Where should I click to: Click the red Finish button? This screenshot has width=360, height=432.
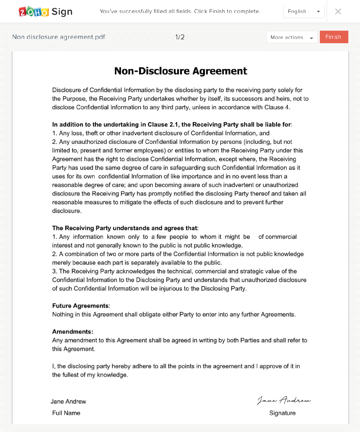click(334, 37)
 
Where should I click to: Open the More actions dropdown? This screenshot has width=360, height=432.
click(292, 37)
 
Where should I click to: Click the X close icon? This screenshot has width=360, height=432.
click(338, 12)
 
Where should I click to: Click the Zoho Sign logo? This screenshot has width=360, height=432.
click(46, 12)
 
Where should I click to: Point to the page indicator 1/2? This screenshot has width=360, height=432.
click(180, 37)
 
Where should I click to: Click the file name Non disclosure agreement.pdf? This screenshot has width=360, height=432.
click(59, 37)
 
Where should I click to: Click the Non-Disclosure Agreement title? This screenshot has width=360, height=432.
click(181, 71)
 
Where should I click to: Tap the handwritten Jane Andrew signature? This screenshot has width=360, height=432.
click(284, 400)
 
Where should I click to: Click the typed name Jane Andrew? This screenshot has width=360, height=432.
click(68, 401)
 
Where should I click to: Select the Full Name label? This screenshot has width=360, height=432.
click(66, 413)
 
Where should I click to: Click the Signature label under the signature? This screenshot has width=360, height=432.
click(282, 413)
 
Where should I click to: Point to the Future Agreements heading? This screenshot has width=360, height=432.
click(81, 306)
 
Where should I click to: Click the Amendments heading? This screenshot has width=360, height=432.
click(73, 332)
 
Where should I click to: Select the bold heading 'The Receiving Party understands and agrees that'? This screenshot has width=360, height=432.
click(125, 228)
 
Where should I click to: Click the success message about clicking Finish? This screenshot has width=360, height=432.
click(180, 12)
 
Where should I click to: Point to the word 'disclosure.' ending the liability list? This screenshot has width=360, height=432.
click(67, 211)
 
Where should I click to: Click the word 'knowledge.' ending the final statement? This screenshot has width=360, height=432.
click(113, 375)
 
